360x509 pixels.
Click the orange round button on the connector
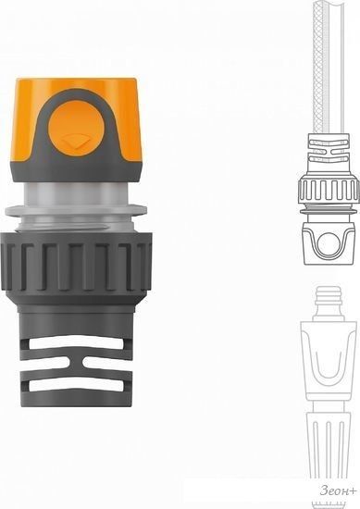click(x=77, y=128)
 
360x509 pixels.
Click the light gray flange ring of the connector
click(x=76, y=210)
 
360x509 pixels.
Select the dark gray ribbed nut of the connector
click(x=76, y=262)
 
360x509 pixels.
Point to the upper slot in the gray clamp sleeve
click(x=76, y=342)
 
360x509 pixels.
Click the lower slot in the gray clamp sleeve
click(x=76, y=385)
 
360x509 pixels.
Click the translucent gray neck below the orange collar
click(x=76, y=193)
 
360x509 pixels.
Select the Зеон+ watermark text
click(x=338, y=490)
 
